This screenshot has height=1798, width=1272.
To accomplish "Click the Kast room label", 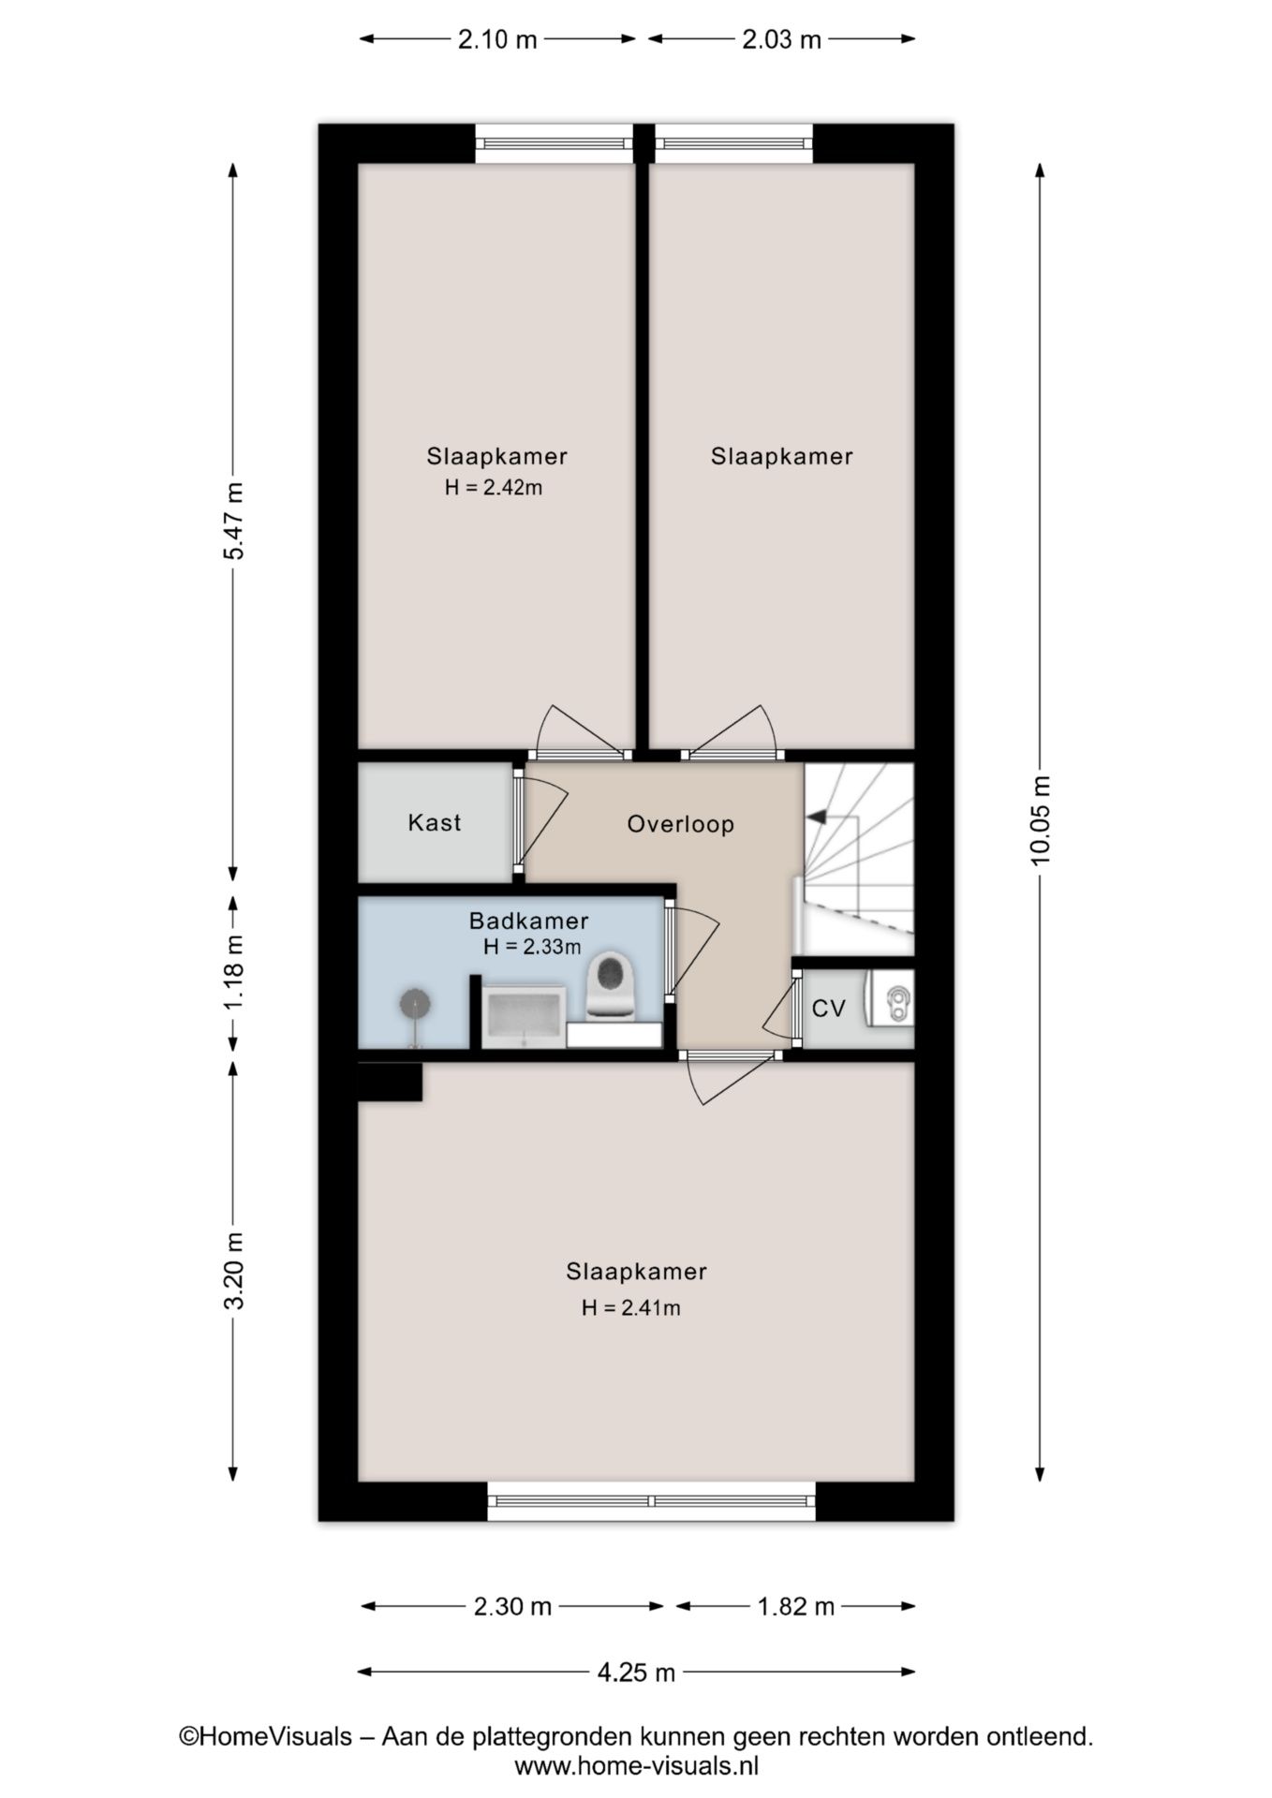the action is [435, 822].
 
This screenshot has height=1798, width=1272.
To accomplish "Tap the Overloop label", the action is [681, 824].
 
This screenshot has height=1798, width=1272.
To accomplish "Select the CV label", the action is [829, 1009].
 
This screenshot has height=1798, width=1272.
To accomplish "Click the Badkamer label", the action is [529, 921].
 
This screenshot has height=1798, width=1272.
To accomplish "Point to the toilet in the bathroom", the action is [612, 985].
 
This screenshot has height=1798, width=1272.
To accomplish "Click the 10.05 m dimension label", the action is [1041, 821].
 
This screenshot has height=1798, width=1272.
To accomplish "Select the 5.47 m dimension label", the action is [233, 521].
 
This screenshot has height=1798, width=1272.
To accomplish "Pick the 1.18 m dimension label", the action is [233, 972].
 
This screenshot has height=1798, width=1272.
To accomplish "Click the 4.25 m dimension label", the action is [637, 1672].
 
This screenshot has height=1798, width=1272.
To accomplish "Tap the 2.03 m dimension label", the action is [782, 39].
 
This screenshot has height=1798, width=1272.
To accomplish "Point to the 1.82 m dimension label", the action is [796, 1607].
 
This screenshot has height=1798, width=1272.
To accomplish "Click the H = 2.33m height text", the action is [532, 947].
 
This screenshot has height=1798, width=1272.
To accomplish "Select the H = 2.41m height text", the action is [631, 1307].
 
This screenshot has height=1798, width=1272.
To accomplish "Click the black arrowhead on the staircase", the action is [816, 817].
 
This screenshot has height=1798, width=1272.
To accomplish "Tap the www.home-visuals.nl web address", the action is [637, 1766].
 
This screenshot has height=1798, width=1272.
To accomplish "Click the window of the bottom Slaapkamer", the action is [652, 1501].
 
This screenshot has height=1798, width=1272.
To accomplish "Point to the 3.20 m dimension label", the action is [233, 1271].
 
